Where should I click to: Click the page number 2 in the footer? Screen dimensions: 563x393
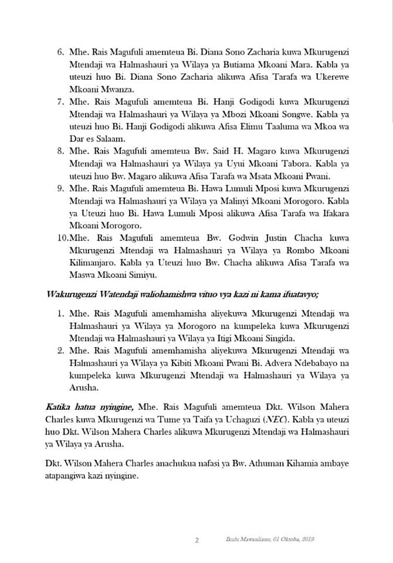click(196, 540)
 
